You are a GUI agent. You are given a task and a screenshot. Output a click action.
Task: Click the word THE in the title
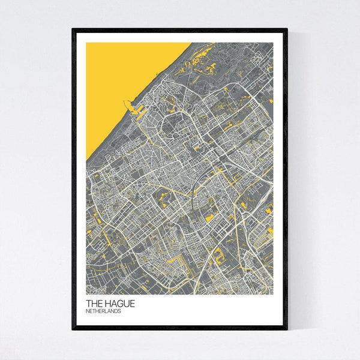pyautogui.click(x=94, y=304)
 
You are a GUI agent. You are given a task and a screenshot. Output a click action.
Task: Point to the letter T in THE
pyautogui.click(x=89, y=304)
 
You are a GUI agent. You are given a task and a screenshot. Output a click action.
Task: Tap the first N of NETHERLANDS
pyautogui.click(x=88, y=312)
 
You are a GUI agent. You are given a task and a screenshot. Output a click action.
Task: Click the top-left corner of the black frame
pyautogui.click(x=73, y=29)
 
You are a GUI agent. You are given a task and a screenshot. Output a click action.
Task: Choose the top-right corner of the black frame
pyautogui.click(x=287, y=29)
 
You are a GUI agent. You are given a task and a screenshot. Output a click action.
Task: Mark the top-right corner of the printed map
pyautogui.click(x=273, y=43)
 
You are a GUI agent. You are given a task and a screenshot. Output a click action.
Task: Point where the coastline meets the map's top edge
pyautogui.click(x=191, y=43)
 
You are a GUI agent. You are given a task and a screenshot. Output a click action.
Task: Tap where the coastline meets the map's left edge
pyautogui.click(x=86, y=161)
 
